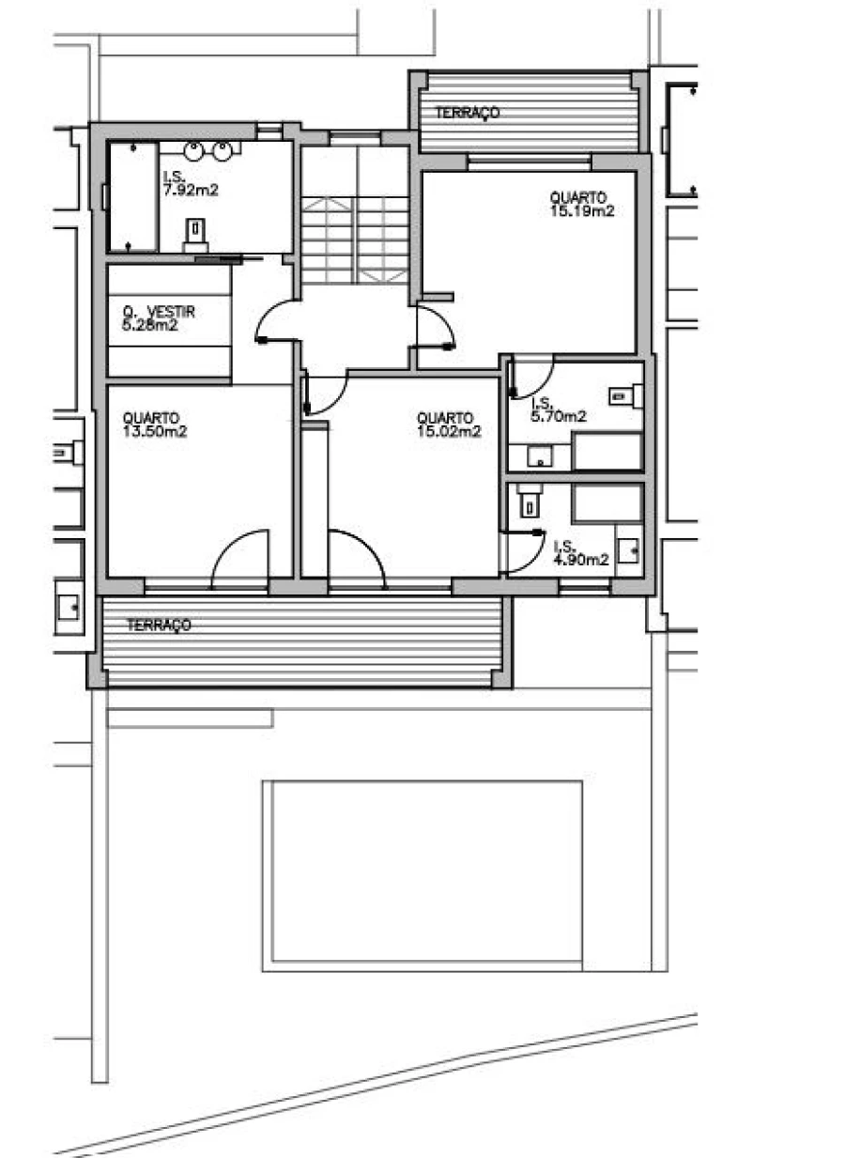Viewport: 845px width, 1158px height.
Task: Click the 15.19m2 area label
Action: pos(582,211)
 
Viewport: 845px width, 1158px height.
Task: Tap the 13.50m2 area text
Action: pos(155,432)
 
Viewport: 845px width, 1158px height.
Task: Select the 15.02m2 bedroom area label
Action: pos(449,432)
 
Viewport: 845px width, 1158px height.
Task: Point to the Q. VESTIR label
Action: pos(160,312)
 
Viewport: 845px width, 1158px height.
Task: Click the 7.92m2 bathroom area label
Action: pos(191,191)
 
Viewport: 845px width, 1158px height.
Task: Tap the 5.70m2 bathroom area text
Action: pos(559,417)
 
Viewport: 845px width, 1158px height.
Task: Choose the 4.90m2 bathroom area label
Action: pos(581,560)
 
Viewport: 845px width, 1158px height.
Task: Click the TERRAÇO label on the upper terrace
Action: pos(468,113)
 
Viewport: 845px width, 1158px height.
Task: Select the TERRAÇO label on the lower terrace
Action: pos(160,625)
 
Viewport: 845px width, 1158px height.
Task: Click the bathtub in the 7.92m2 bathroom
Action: pos(133,196)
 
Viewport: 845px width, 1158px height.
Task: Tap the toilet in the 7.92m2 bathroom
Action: pos(196,234)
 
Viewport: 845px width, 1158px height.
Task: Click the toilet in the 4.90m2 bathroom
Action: pos(529,501)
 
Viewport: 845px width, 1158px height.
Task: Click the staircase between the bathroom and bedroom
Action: pos(356,239)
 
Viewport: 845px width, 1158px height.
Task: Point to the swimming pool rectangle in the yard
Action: pos(422,876)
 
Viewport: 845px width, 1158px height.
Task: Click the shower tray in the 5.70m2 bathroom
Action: pos(607,452)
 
